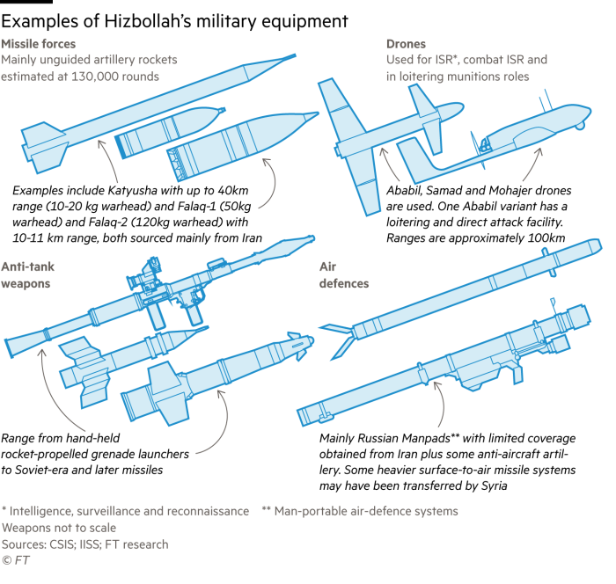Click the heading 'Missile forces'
[38, 44]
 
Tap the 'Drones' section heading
[406, 44]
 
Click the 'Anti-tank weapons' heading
[27, 275]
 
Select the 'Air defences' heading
[344, 275]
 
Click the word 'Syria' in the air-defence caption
[494, 485]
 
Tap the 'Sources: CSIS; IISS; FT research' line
[84, 544]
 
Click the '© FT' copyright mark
[15, 560]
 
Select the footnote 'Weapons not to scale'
[59, 528]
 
